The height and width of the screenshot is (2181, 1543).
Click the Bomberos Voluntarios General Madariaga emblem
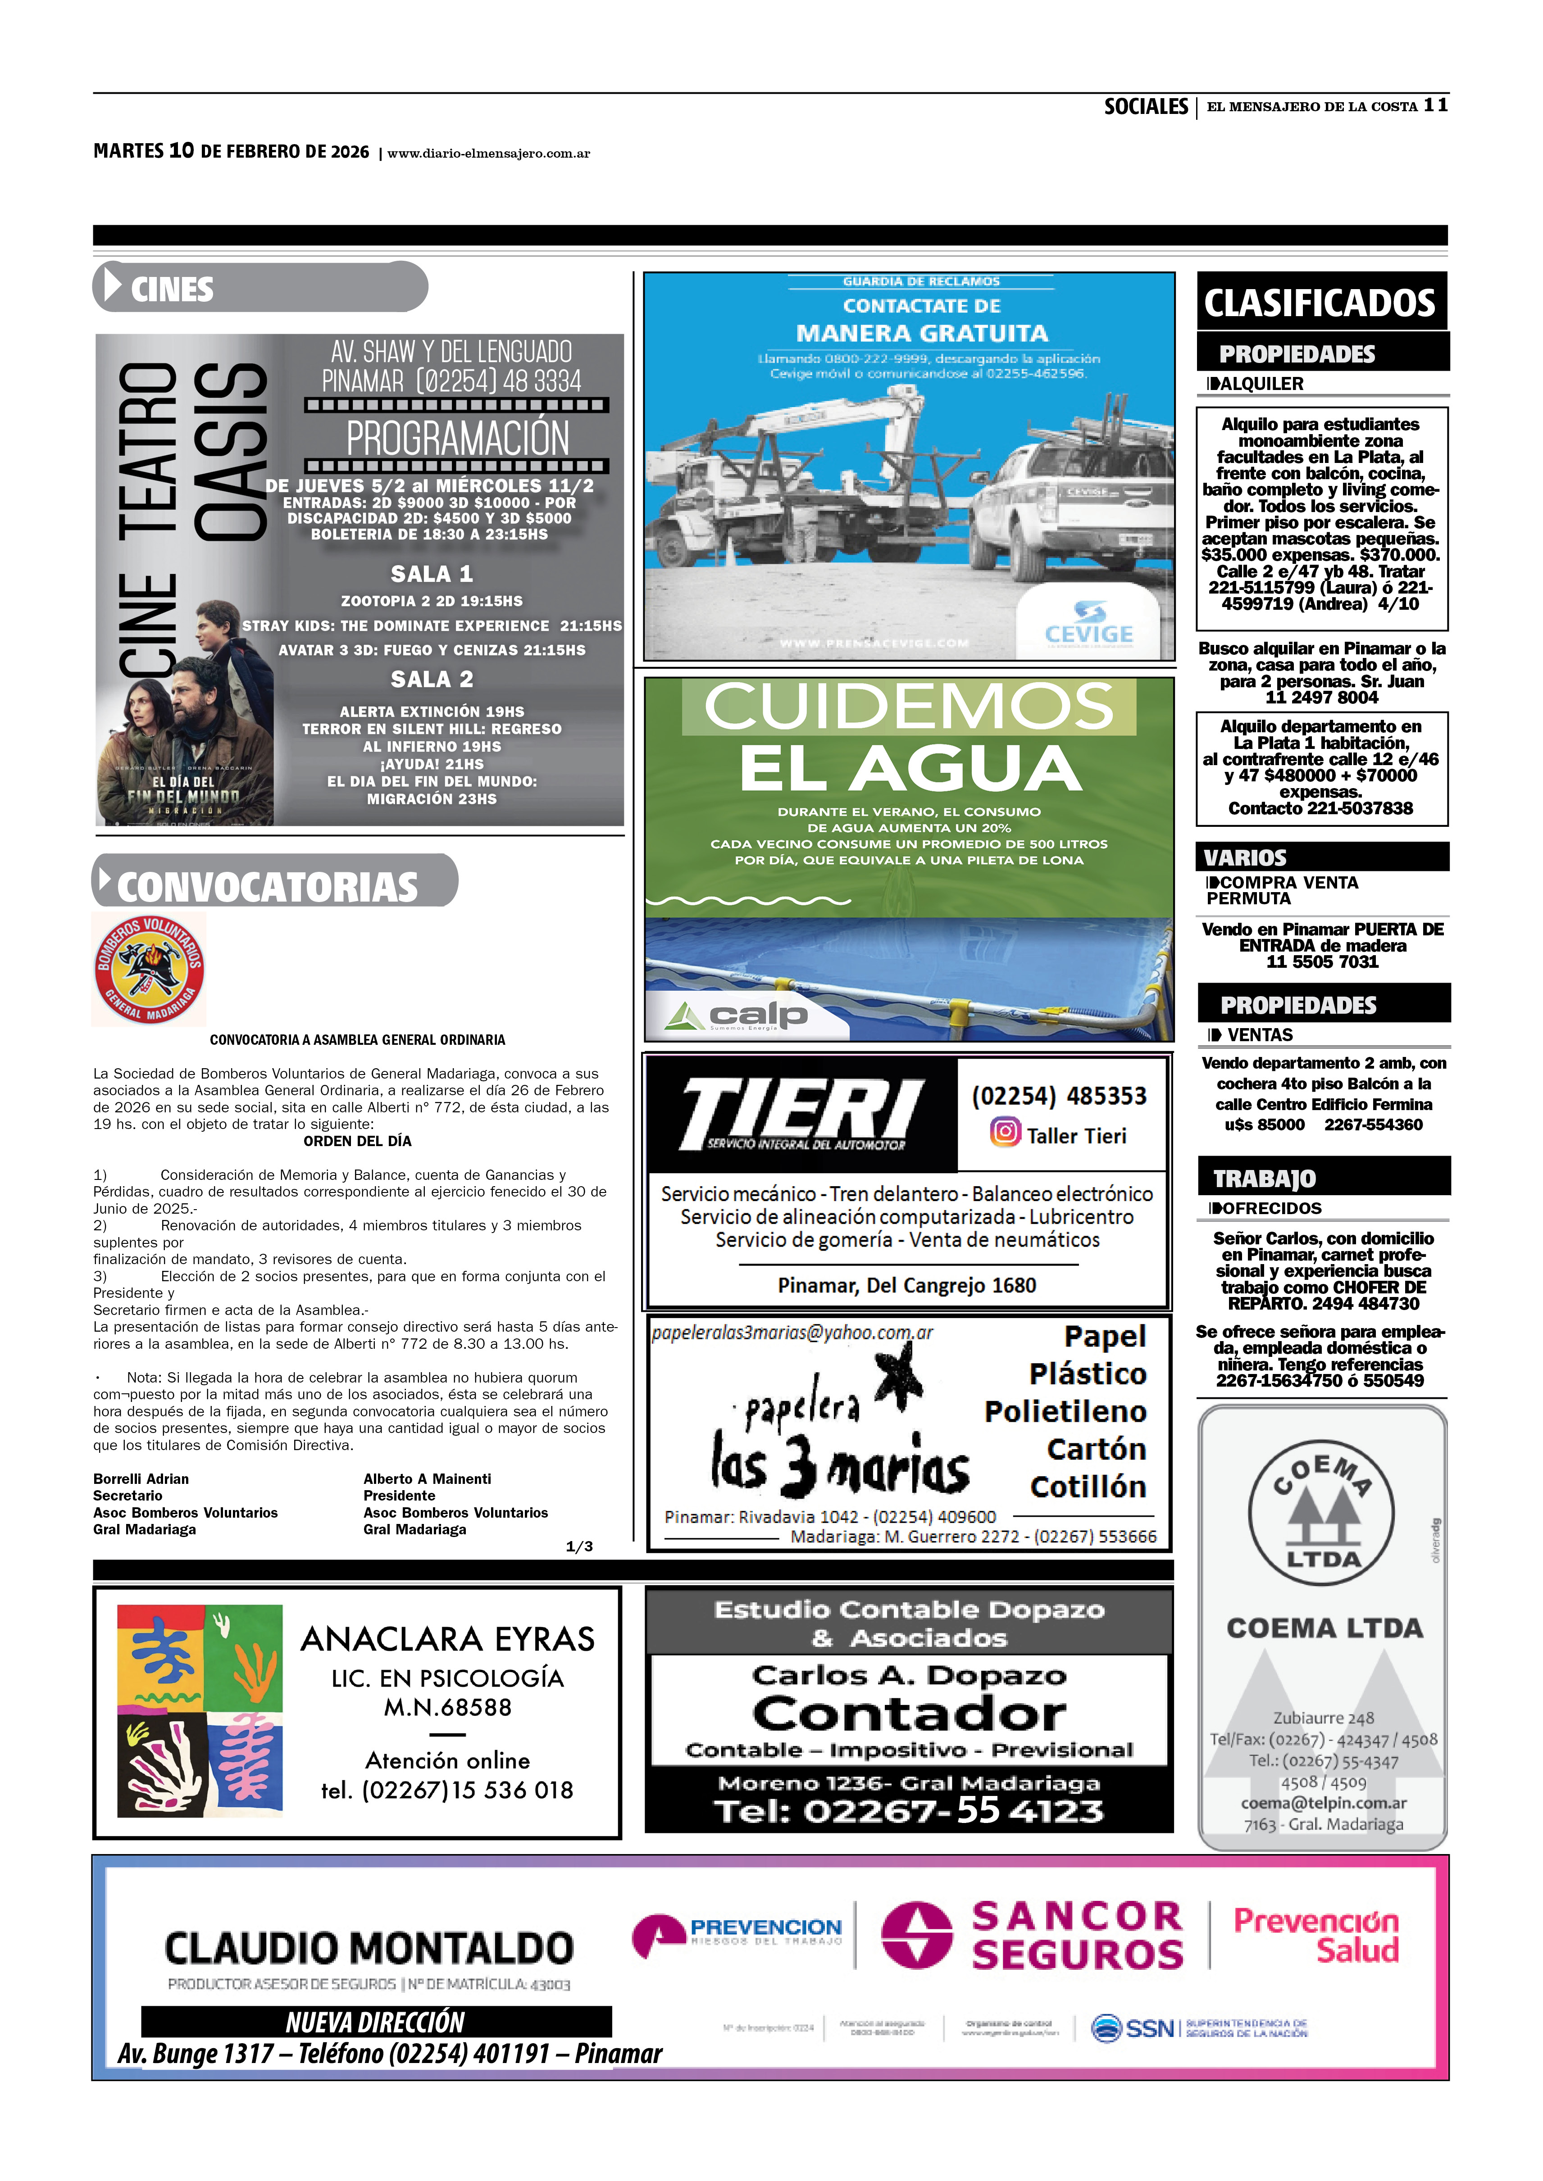pyautogui.click(x=149, y=969)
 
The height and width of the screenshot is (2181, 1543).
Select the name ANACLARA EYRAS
pyautogui.click(x=447, y=1639)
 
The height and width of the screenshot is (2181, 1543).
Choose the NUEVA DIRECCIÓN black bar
pyautogui.click(x=376, y=2022)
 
